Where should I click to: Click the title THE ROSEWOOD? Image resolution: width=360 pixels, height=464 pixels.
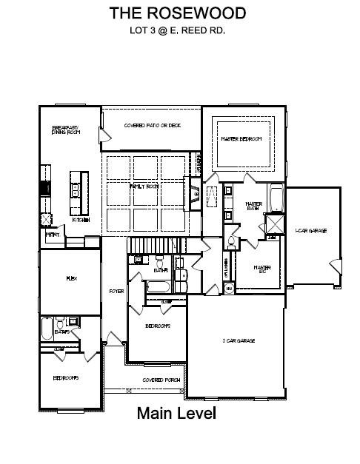pyautogui.click(x=178, y=13)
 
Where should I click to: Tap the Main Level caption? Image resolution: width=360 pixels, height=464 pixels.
pyautogui.click(x=176, y=413)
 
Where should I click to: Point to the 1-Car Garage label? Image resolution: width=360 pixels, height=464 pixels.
pyautogui.click(x=311, y=232)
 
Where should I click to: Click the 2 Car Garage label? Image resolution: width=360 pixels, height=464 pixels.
pyautogui.click(x=239, y=340)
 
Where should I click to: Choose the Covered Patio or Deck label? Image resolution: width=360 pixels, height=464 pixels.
pyautogui.click(x=152, y=125)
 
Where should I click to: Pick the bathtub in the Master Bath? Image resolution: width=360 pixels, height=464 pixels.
pyautogui.click(x=276, y=198)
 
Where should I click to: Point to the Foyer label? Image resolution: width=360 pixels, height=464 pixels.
pyautogui.click(x=116, y=291)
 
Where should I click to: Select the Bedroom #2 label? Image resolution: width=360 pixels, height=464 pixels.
pyautogui.click(x=158, y=326)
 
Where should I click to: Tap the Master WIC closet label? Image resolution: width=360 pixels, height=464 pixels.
pyautogui.click(x=261, y=269)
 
